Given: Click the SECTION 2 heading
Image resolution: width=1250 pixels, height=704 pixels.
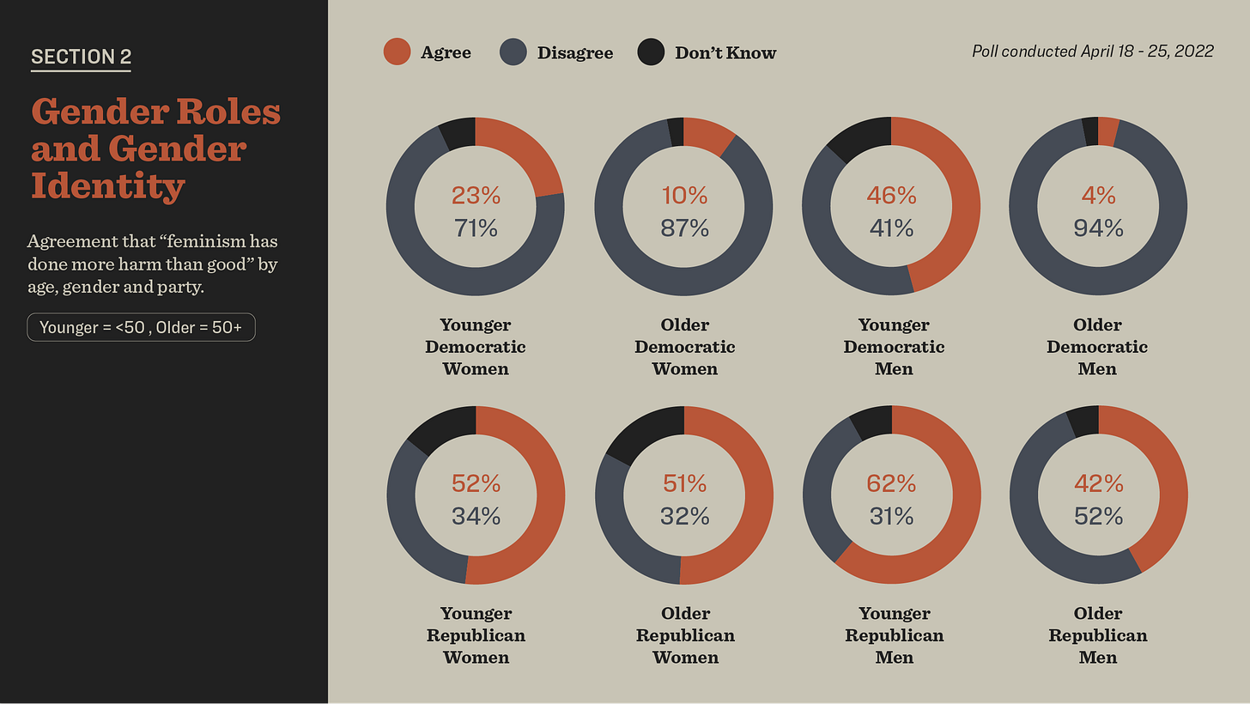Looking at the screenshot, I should [81, 57].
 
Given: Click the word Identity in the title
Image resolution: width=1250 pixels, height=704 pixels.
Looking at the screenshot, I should [108, 185].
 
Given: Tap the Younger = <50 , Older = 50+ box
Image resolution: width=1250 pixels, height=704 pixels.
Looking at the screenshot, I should [141, 327].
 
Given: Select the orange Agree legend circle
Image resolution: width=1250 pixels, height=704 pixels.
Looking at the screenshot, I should [397, 52].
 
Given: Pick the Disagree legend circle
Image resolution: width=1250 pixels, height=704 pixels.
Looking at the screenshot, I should [513, 52].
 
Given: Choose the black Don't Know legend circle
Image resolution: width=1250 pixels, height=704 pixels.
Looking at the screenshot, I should [651, 52].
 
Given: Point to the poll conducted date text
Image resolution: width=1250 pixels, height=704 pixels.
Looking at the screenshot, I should [1092, 52].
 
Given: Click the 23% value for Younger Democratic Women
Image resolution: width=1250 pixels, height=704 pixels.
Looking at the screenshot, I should [476, 196].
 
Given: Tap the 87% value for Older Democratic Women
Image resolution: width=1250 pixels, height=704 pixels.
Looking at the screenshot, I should [684, 228].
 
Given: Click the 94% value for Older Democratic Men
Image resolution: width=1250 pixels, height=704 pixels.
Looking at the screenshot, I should [1098, 228].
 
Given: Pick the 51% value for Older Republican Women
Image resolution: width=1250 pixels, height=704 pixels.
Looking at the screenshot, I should [684, 484].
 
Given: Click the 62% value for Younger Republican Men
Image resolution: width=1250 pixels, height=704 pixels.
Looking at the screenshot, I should [891, 484].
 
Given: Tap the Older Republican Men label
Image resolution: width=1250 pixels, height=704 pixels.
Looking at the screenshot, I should [1098, 635].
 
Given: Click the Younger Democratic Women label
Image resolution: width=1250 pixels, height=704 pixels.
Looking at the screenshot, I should [476, 347].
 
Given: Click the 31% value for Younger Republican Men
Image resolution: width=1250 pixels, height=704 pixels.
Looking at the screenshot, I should [891, 516].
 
